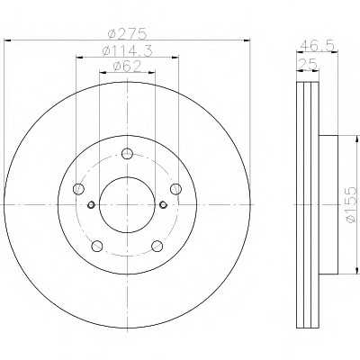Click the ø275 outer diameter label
(128, 34)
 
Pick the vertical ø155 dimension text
(352, 205)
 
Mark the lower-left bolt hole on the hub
(95, 246)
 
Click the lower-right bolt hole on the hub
(157, 246)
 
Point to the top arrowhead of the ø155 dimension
(344, 138)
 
